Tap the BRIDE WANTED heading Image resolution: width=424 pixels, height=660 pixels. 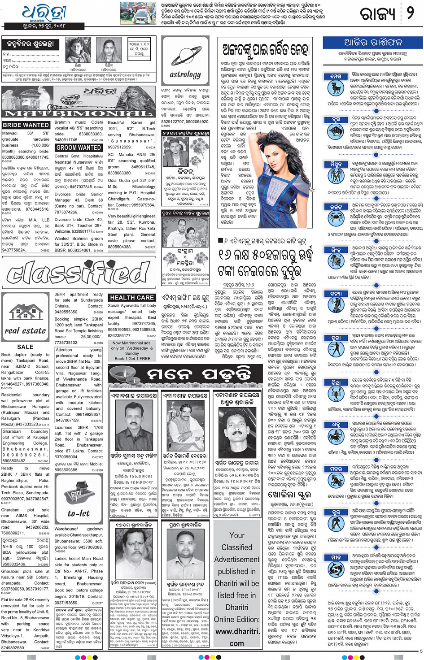[x=26, y=125]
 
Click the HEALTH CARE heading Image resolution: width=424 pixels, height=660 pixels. [x=132, y=297]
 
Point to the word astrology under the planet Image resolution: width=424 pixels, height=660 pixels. [x=185, y=74]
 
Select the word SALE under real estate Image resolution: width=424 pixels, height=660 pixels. [x=25, y=347]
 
